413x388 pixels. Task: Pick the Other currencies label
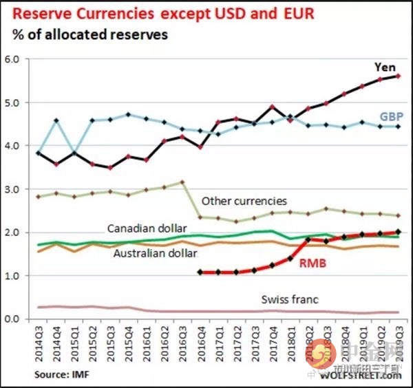[244, 202]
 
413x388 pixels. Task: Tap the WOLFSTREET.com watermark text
[361, 375]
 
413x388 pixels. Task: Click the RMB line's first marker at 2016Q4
[200, 272]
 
